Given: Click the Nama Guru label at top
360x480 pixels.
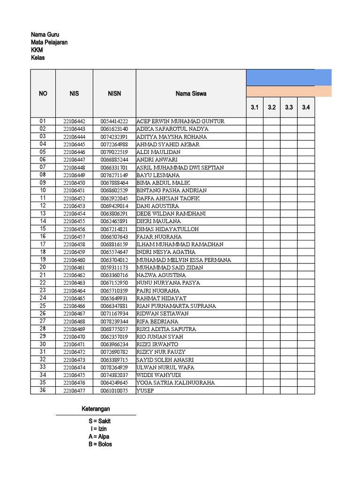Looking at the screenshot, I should click(45, 35).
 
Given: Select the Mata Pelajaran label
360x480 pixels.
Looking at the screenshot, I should click(49, 42).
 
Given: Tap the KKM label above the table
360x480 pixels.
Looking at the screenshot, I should click(37, 50).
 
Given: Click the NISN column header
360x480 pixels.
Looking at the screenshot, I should click(114, 93).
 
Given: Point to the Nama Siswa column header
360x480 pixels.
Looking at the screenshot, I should click(191, 93).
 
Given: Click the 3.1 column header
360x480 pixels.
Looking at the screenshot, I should click(255, 107).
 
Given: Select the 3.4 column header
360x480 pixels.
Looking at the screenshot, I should click(306, 107).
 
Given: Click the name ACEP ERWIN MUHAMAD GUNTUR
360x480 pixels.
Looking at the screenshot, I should click(180, 121).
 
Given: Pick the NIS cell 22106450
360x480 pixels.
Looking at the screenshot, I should click(74, 183).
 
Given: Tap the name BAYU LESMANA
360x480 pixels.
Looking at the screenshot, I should click(158, 175).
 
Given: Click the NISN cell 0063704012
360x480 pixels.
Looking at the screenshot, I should click(114, 260).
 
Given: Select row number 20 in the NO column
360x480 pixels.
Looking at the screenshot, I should click(43, 267).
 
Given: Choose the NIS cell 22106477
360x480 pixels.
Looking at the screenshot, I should click(74, 390).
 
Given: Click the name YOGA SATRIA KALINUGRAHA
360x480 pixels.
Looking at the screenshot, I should click(176, 382).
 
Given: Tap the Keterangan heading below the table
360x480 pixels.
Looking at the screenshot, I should click(96, 409).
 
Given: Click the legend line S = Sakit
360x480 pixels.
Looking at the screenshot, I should click(96, 421).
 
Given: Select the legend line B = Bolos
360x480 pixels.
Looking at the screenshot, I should click(96, 444).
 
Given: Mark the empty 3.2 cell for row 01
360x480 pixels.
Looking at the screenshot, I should click(272, 121).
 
